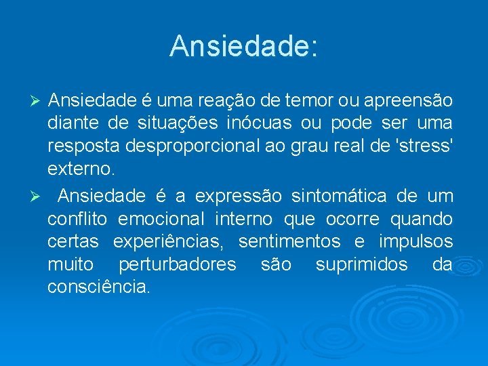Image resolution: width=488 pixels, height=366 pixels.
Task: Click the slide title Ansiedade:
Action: coord(243,47)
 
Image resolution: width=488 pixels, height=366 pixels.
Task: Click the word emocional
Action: coord(161,219)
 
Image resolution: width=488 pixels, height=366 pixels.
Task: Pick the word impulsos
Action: coord(415,242)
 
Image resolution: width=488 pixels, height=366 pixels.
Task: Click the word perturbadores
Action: coord(178,264)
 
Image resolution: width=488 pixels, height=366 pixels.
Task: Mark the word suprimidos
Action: coord(362,264)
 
